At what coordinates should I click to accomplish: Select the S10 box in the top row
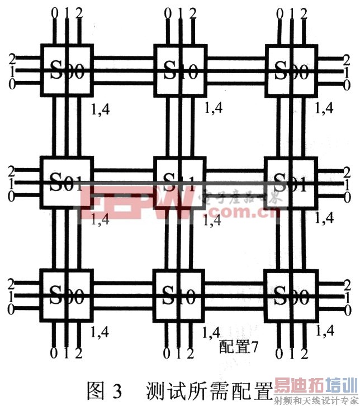179,71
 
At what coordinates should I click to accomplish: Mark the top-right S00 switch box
290,71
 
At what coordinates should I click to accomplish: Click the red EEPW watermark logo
134,206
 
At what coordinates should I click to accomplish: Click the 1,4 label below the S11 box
211,220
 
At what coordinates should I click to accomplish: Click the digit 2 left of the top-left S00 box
12,58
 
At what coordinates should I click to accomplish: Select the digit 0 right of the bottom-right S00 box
347,309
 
